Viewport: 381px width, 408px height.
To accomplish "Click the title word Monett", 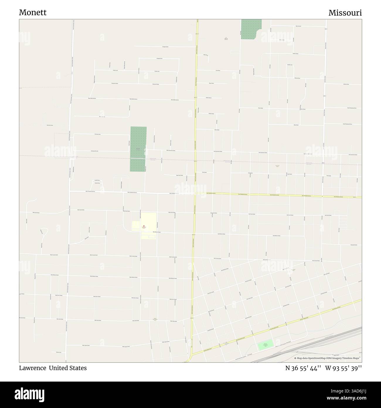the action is tap(33, 13).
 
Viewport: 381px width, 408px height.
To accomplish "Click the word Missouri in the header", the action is tap(345, 13).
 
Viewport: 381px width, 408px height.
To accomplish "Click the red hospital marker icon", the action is tap(144, 226).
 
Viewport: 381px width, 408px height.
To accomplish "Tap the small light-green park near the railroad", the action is tap(265, 344).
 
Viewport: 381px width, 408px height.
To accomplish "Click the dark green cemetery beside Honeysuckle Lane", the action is tap(138, 149).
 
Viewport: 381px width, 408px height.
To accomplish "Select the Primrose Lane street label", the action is tap(98, 134).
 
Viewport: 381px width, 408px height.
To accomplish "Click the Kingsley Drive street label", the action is tap(159, 59).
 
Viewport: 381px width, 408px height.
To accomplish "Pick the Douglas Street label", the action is tap(166, 47).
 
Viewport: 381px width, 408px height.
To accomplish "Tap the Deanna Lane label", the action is tap(59, 352).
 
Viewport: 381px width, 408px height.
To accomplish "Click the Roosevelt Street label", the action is tap(354, 245).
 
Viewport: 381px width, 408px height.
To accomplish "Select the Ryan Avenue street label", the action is tap(298, 26).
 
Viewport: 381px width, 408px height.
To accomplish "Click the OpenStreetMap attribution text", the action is tap(328, 358).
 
